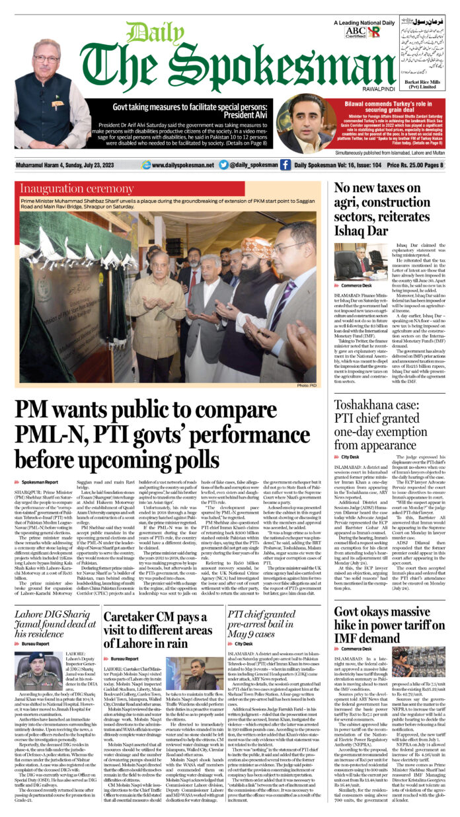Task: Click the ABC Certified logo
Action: pyautogui.click(x=356, y=32)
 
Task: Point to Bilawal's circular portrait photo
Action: pyautogui.click(x=306, y=124)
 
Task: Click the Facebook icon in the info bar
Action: pyautogui.click(x=285, y=165)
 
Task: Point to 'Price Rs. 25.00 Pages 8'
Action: pyautogui.click(x=415, y=165)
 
